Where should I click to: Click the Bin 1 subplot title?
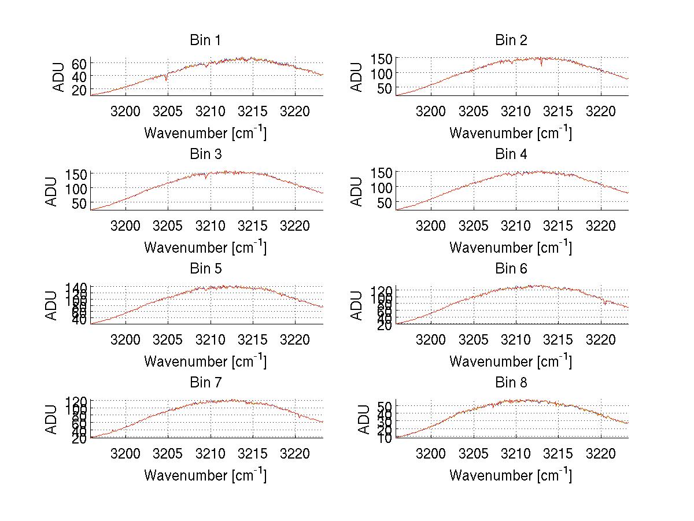coord(205,40)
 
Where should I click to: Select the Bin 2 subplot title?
coord(511,40)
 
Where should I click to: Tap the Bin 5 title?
coord(205,269)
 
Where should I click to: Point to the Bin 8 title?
coord(511,383)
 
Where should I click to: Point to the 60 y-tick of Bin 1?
coord(79,64)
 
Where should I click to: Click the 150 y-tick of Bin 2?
coord(382,58)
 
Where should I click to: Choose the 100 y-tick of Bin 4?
coord(382,187)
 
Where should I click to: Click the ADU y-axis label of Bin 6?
coord(357,305)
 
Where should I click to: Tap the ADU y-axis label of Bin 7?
coord(52,419)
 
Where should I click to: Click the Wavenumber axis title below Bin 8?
coord(511,475)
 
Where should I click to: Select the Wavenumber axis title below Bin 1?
coord(205,133)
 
